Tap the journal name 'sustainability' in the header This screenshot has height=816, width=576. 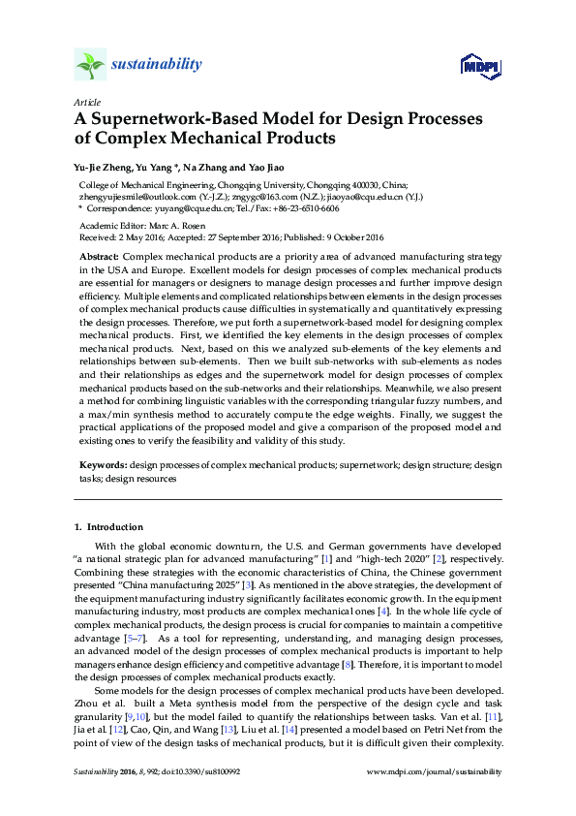[x=157, y=65]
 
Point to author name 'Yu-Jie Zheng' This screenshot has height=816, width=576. [x=106, y=166]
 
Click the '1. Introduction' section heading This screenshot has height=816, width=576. [x=109, y=526]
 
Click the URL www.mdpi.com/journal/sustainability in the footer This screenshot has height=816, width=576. [x=436, y=772]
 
